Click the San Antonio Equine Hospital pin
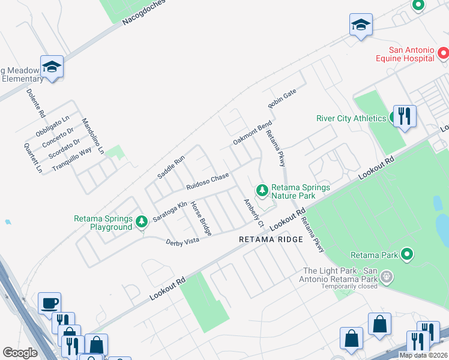[443, 54]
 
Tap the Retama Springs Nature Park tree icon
[262, 191]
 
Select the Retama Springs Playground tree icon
[142, 222]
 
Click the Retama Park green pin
[407, 254]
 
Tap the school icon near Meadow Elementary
[52, 67]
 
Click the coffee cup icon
[49, 303]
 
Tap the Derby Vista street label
[182, 241]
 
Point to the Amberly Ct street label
[253, 213]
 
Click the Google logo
[20, 353]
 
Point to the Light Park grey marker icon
[387, 277]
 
